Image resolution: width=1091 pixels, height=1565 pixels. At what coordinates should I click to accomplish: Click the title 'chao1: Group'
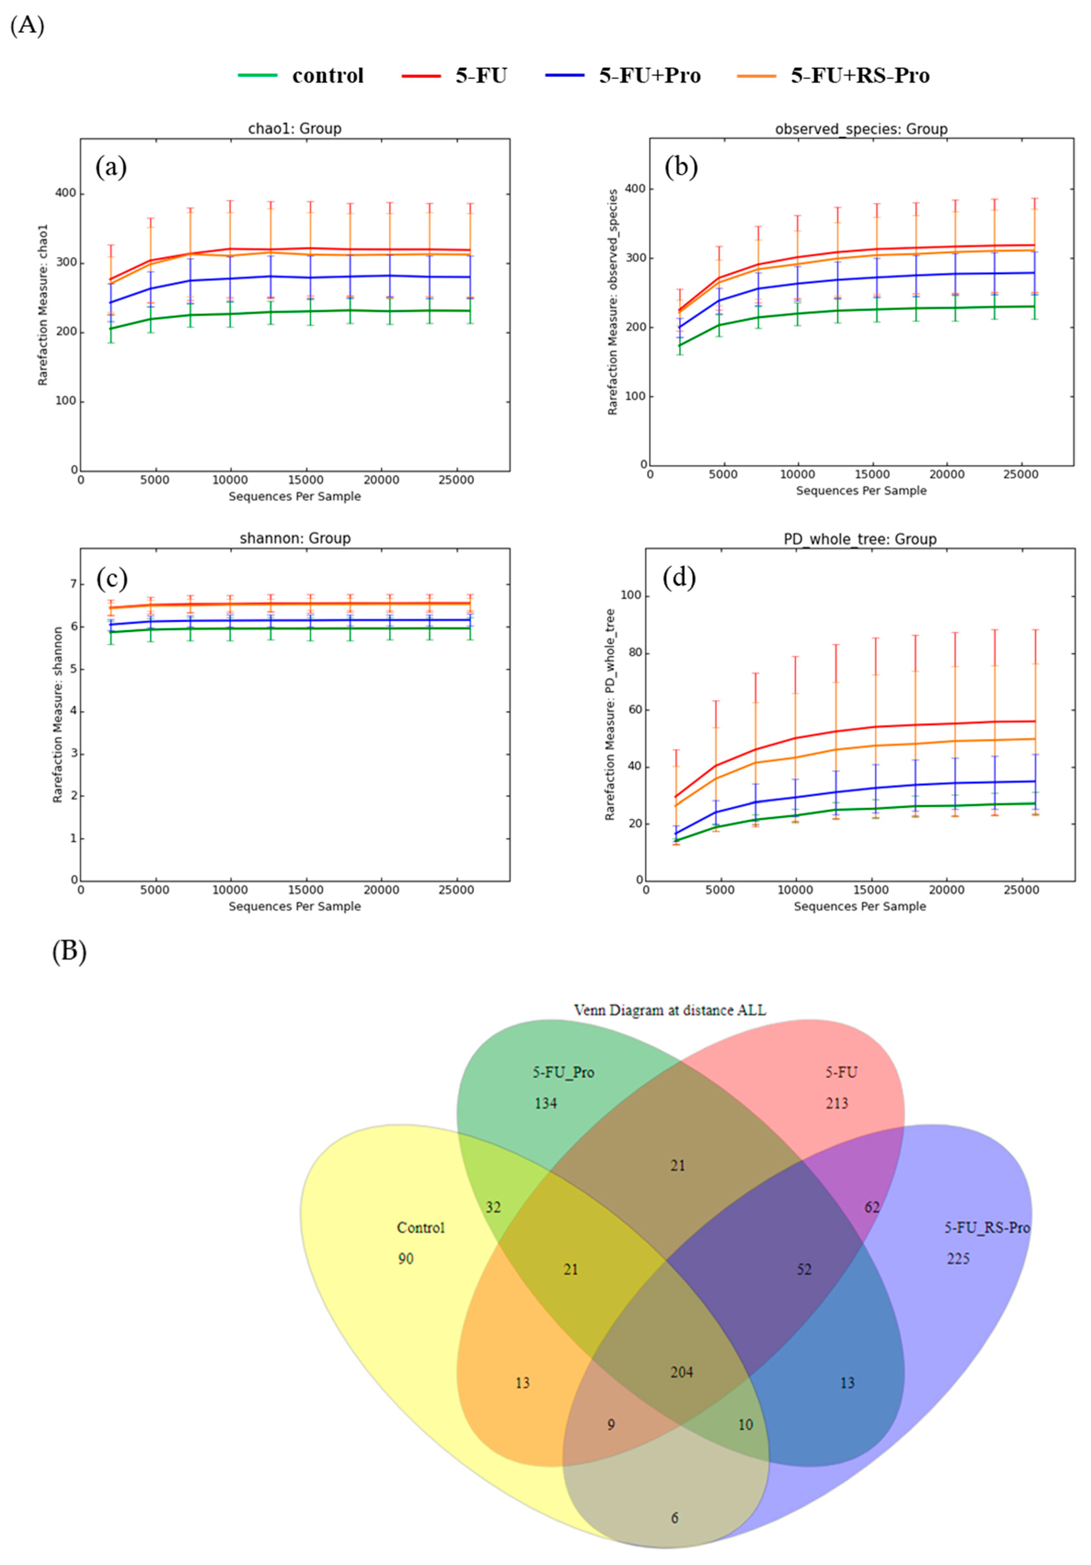tap(294, 128)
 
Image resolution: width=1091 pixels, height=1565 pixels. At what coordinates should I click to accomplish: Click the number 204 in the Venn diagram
tap(681, 1372)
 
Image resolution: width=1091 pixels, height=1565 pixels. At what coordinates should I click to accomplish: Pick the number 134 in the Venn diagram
tap(545, 1103)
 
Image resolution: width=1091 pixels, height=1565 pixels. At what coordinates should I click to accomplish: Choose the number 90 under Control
tap(405, 1258)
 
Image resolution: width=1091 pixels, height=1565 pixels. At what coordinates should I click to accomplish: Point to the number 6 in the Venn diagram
tap(675, 1518)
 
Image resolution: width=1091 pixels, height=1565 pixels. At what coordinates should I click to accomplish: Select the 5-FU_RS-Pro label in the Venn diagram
tap(986, 1228)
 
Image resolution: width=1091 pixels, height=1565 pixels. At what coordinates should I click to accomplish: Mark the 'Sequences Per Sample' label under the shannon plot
tap(294, 906)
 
